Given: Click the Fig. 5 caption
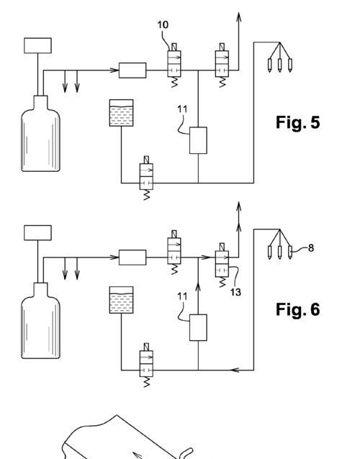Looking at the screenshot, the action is pyautogui.click(x=297, y=122).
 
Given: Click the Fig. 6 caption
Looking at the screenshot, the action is pyautogui.click(x=297, y=309).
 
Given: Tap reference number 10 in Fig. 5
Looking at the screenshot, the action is pyautogui.click(x=163, y=25).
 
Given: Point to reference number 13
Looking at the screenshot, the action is pyautogui.click(x=235, y=292).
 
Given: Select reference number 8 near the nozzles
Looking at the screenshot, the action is pyautogui.click(x=311, y=248).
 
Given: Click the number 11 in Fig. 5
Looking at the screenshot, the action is pyautogui.click(x=182, y=109).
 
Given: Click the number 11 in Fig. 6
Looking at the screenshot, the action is pyautogui.click(x=182, y=296).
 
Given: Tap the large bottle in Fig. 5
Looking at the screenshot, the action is pyautogui.click(x=41, y=134).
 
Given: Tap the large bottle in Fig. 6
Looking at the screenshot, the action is pyautogui.click(x=41, y=321).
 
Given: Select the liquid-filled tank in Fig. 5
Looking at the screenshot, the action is pyautogui.click(x=121, y=113).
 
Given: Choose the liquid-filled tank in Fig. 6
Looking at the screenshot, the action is pyautogui.click(x=121, y=300).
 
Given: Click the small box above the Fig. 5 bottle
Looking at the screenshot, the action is pyautogui.click(x=37, y=45).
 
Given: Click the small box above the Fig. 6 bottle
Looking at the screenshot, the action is pyautogui.click(x=37, y=232).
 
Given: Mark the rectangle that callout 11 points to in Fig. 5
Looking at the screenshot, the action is pyautogui.click(x=198, y=140).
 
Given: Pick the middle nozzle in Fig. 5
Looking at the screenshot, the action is pyautogui.click(x=280, y=65).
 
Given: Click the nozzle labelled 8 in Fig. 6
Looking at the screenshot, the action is pyautogui.click(x=290, y=253).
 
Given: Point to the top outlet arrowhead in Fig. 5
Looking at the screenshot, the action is pyautogui.click(x=239, y=17).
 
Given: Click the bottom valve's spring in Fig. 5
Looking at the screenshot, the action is pyautogui.click(x=146, y=195).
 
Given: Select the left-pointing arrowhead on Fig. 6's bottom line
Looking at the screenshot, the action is pyautogui.click(x=235, y=371).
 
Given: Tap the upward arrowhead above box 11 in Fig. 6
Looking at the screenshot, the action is pyautogui.click(x=198, y=288).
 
